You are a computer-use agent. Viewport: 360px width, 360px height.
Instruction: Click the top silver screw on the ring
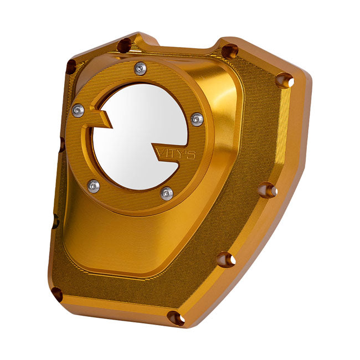point(141,68)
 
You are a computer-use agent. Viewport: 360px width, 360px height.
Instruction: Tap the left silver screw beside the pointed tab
point(78,110)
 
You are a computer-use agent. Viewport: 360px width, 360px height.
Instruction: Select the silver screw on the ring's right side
point(197,119)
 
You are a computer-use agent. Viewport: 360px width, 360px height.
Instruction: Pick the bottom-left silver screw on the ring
point(94,186)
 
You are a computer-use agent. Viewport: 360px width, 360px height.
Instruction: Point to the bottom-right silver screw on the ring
point(166,193)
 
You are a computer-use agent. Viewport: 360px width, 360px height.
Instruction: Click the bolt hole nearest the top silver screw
point(124,45)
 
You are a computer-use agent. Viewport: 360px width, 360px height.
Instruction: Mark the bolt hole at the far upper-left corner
point(71,67)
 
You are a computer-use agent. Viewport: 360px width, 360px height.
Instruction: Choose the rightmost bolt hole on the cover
point(284,80)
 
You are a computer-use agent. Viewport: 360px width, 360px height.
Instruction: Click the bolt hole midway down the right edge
point(268,190)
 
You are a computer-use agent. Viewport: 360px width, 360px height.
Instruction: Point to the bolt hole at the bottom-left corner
point(58,294)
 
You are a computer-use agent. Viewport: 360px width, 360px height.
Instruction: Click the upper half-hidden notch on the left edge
point(61,145)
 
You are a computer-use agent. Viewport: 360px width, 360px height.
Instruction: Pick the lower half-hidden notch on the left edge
point(54,220)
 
